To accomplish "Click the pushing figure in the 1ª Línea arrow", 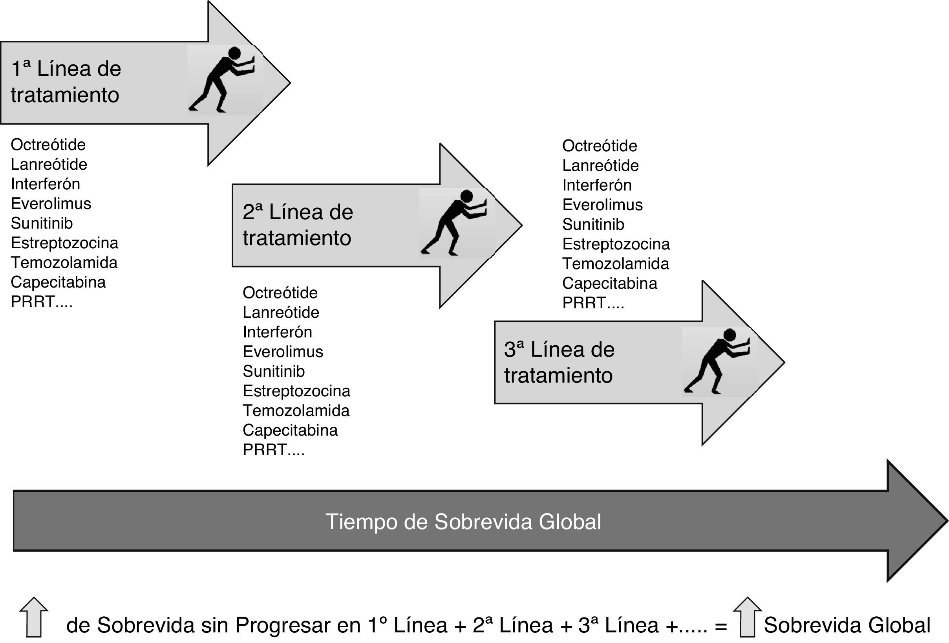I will click(x=223, y=79).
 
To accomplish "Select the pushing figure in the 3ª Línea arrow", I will click(x=717, y=361).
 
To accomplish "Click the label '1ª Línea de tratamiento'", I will click(x=66, y=82).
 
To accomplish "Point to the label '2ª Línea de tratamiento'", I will click(x=298, y=225).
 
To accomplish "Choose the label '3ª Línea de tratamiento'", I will click(x=559, y=363).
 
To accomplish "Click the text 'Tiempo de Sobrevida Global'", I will click(x=463, y=522).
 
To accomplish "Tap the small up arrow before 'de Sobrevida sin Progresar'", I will click(x=34, y=616).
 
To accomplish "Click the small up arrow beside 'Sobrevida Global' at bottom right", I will click(x=747, y=616).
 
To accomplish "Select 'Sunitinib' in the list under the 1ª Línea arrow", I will click(x=42, y=223).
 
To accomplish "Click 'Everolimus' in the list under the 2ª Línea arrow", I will click(x=283, y=352).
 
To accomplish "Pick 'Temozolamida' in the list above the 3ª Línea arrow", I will click(x=615, y=264).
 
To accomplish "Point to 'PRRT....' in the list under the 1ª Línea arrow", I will click(x=42, y=302).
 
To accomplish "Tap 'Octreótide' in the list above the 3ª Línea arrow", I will click(x=600, y=146).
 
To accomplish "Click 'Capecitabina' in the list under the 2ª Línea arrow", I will click(x=290, y=430).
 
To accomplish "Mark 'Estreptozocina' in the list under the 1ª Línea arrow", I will click(x=64, y=243).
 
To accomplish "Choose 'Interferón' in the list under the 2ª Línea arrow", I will click(x=277, y=332).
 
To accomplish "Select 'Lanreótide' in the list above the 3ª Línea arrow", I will click(x=600, y=165).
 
